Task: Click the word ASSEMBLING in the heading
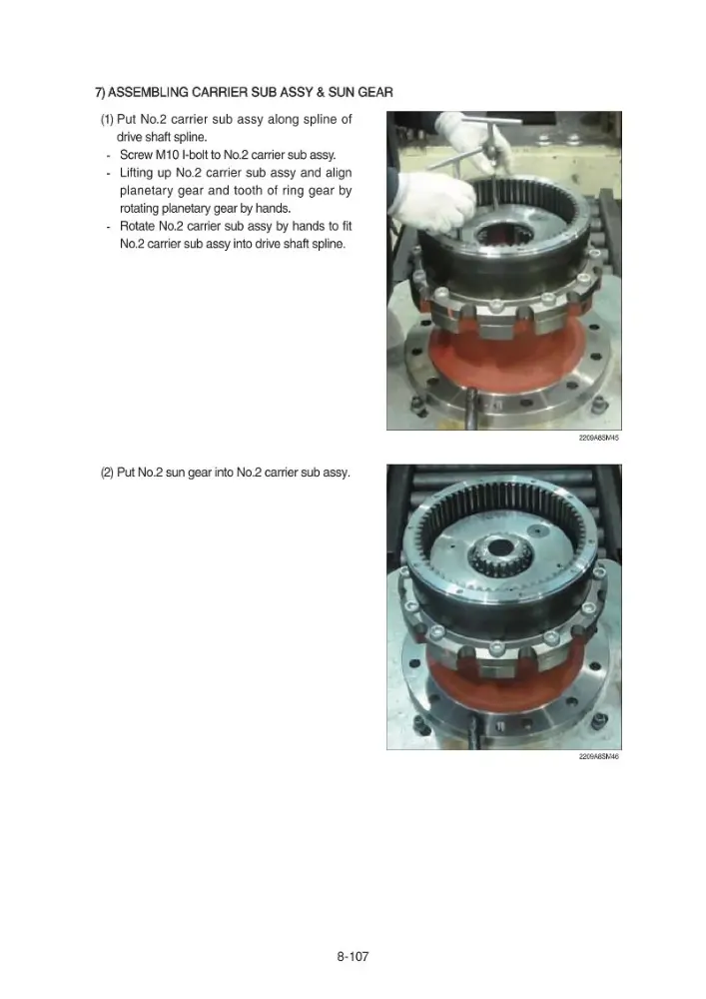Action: (x=149, y=92)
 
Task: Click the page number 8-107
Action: (x=353, y=956)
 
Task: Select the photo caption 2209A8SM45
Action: (x=598, y=439)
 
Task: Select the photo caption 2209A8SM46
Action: (x=598, y=757)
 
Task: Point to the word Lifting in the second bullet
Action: (x=137, y=173)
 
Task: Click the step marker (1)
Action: (x=107, y=120)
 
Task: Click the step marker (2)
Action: (x=107, y=473)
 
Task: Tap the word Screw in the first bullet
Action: (x=136, y=155)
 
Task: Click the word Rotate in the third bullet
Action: (x=137, y=226)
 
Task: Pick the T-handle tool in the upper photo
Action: (x=486, y=152)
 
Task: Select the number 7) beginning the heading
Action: (x=100, y=92)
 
